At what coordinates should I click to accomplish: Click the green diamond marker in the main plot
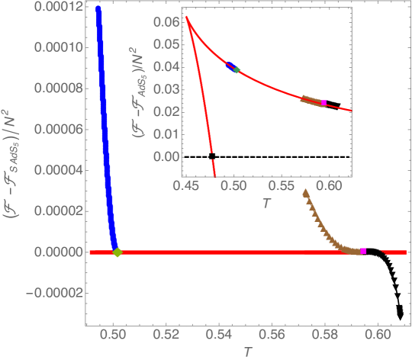tap(117, 252)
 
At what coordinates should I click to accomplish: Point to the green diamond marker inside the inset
tap(237, 70)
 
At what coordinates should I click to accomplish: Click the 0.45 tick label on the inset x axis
tap(185, 185)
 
